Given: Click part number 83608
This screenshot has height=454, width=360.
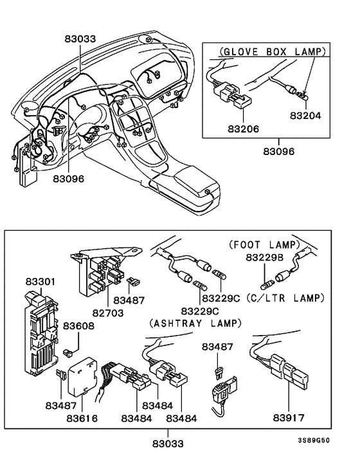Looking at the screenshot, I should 79,327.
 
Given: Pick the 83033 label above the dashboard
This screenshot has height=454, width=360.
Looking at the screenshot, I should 80,39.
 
